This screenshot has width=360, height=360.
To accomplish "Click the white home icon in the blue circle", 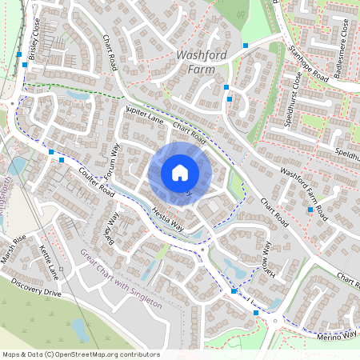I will click(x=180, y=173).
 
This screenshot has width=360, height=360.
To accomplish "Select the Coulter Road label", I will click(x=82, y=178).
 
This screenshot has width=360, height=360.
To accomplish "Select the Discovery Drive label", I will click(x=36, y=287).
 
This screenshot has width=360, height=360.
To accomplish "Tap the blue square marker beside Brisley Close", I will click(x=19, y=54).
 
